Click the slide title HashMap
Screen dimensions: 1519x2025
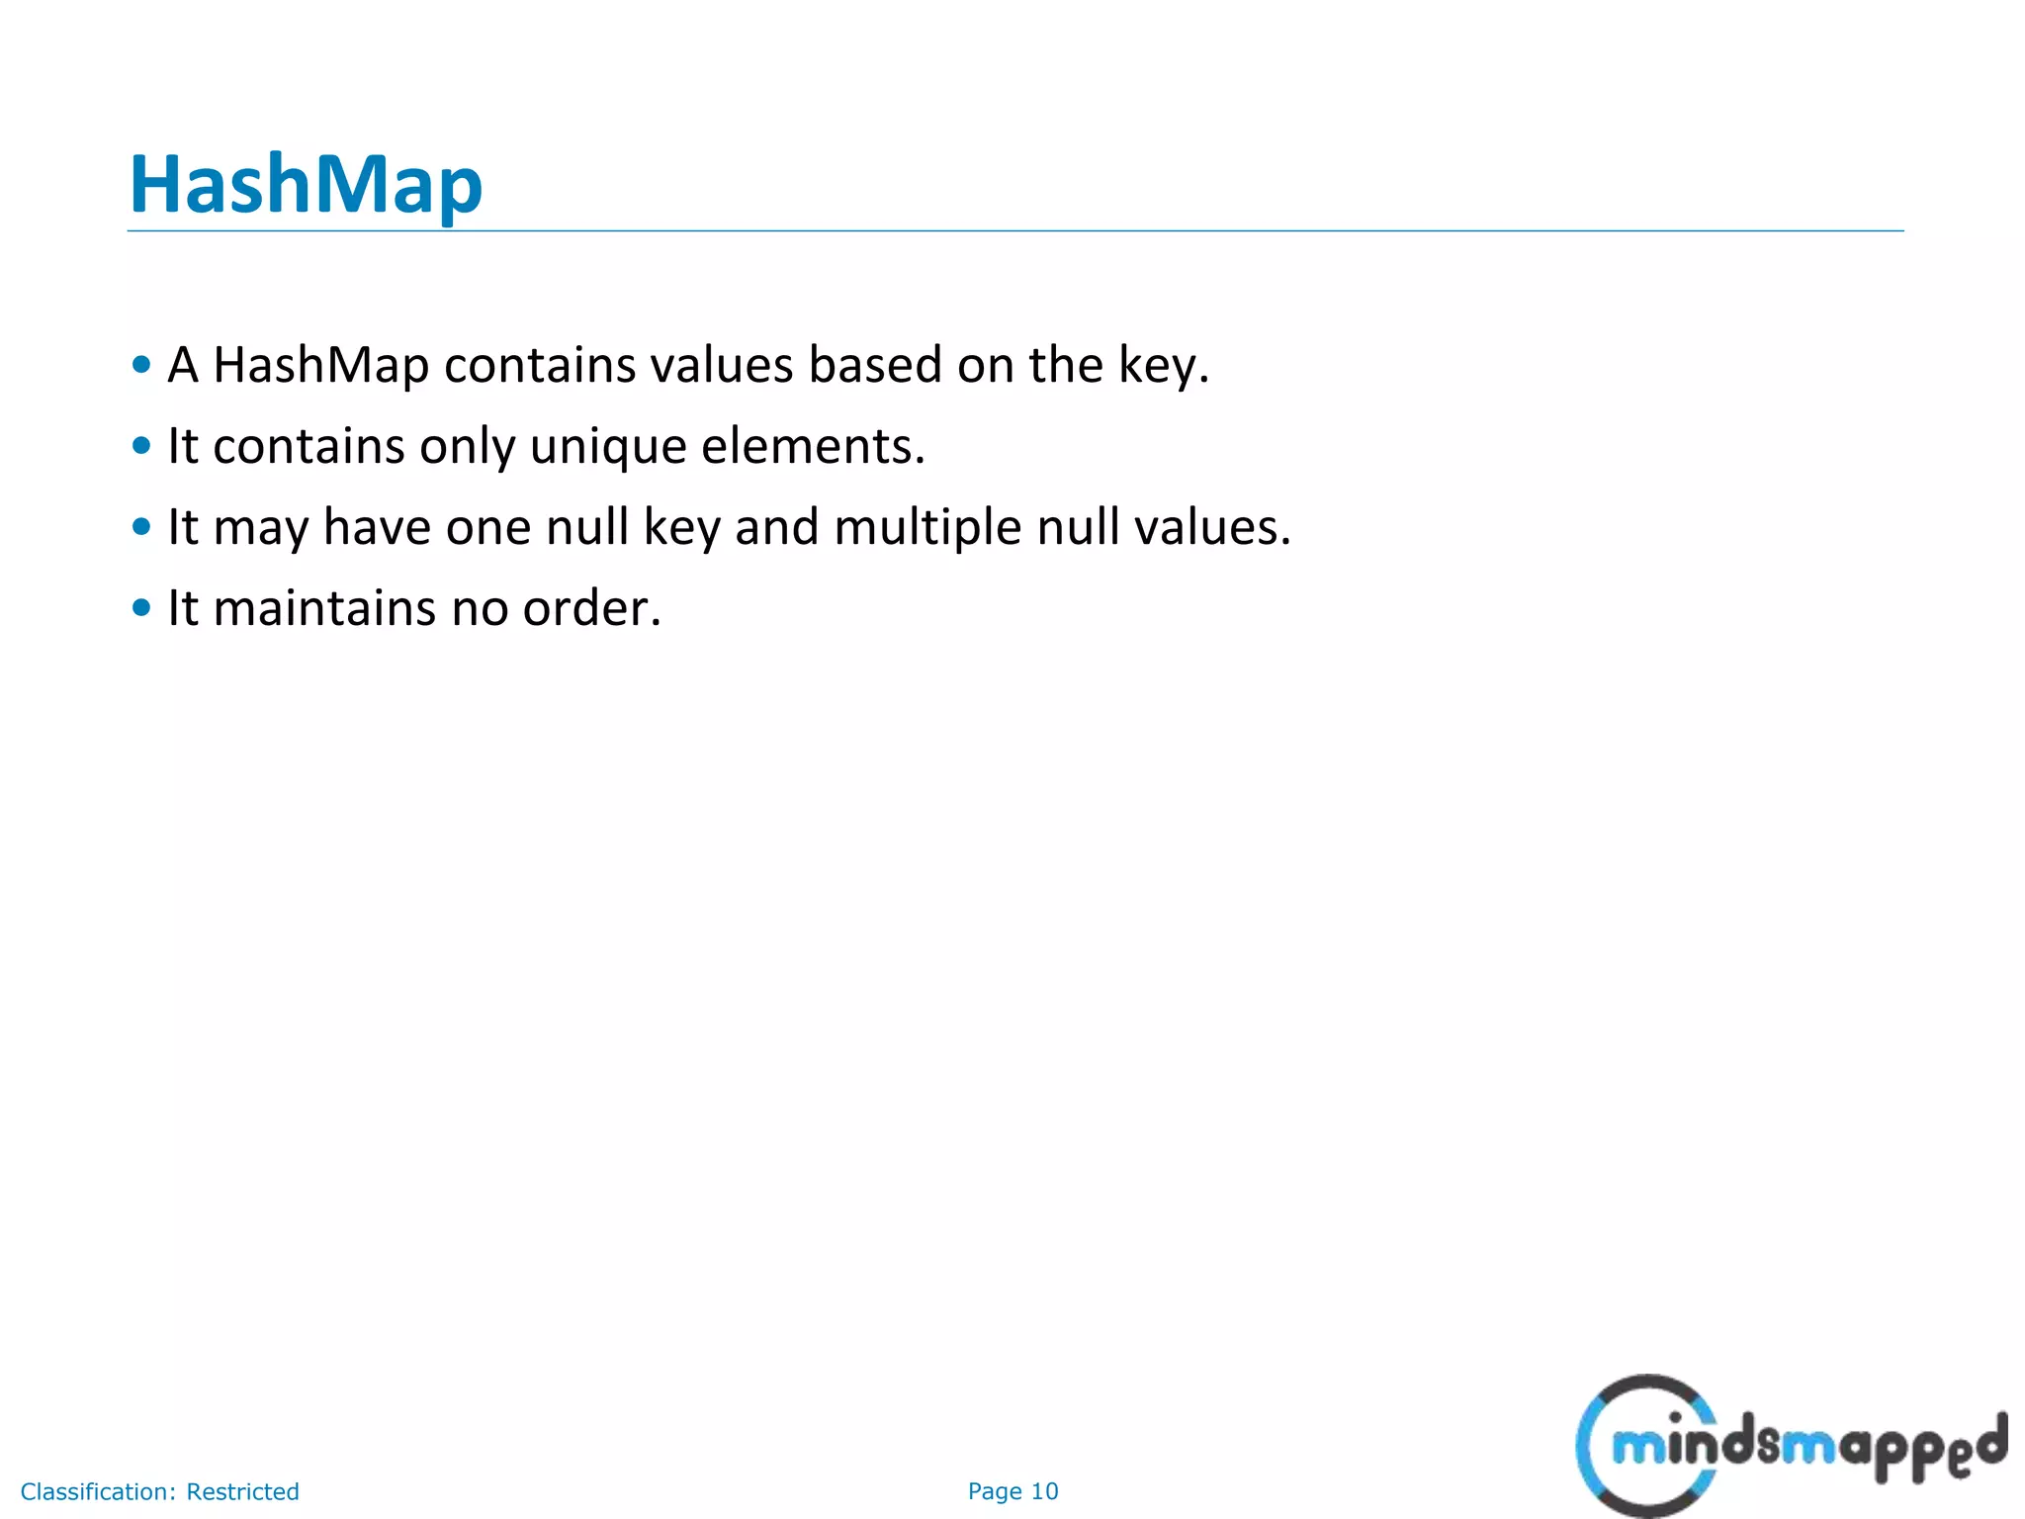(x=306, y=185)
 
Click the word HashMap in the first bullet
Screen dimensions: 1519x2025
(x=320, y=365)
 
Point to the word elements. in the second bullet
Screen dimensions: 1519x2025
(x=813, y=446)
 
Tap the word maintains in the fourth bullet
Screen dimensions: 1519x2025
(x=324, y=608)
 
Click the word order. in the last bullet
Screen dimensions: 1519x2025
(x=591, y=608)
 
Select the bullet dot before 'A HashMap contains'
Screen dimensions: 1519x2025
(x=141, y=365)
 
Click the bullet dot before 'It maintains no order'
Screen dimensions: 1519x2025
(x=141, y=608)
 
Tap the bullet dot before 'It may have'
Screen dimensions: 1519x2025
(x=141, y=527)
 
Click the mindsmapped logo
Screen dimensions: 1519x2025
(x=1790, y=1446)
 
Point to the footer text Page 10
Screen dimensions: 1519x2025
(x=1012, y=1491)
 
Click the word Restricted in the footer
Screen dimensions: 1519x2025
(x=242, y=1491)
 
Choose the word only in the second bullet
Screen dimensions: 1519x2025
(x=467, y=446)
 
